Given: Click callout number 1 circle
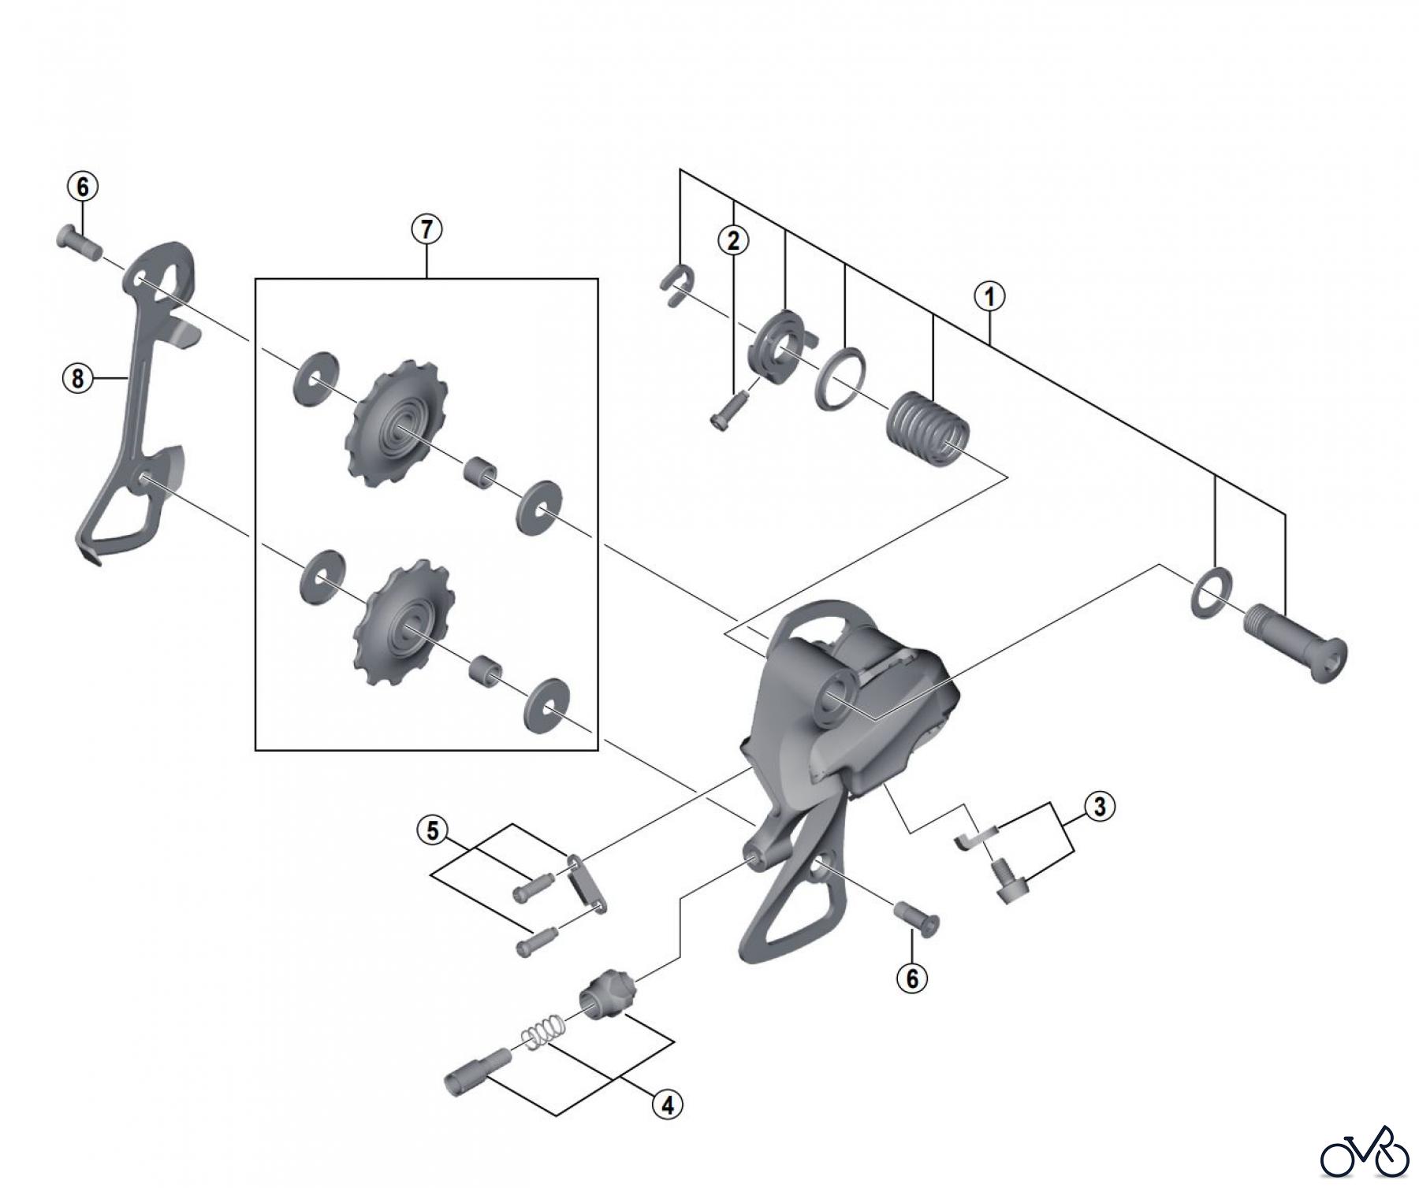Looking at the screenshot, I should click(x=989, y=297).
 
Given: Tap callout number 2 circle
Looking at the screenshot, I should click(x=733, y=240).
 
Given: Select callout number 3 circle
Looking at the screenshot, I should click(x=1100, y=806).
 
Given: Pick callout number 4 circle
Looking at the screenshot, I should click(x=667, y=1105).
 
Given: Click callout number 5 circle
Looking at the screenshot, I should click(x=433, y=830).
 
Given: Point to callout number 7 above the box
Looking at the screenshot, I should click(x=426, y=229).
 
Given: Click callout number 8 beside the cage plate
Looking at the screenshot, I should click(x=77, y=379).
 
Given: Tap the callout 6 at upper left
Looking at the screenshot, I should click(x=84, y=187).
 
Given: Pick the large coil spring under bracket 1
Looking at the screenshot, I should click(x=928, y=429).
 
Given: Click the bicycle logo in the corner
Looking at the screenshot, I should click(x=1365, y=1152).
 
